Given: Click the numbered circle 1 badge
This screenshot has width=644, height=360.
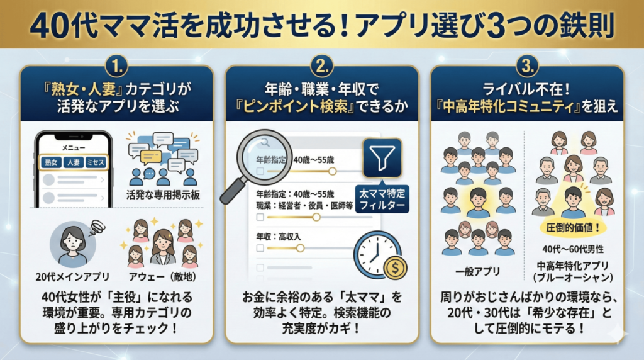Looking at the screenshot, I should click(116, 65).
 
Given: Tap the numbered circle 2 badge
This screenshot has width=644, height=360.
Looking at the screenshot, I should click(321, 65).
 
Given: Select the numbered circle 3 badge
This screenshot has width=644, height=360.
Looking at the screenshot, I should click(527, 65).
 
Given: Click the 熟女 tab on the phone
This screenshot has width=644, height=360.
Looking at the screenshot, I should click(52, 162).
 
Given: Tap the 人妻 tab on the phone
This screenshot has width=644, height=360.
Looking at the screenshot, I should click(73, 162).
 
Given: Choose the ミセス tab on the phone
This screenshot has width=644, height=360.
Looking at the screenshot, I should click(96, 162).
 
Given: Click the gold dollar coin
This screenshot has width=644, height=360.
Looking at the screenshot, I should click(395, 266).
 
